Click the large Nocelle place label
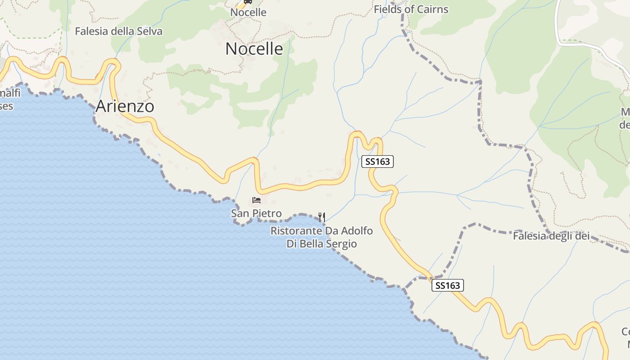coord(254,49)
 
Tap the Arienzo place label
coord(125,106)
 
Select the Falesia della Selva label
coord(118,31)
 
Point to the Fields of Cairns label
coord(411,9)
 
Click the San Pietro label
coord(256,213)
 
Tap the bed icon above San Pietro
coord(256,200)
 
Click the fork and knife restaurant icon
coord(322,217)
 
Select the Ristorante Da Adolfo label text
coord(321,231)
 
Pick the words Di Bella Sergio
coord(321,244)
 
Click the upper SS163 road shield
coord(377,162)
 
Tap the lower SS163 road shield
coord(447,285)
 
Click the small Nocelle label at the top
coord(248,13)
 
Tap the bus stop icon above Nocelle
coord(247,1)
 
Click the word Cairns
coord(432,9)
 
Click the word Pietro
coord(268,213)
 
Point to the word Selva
coord(150,31)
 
